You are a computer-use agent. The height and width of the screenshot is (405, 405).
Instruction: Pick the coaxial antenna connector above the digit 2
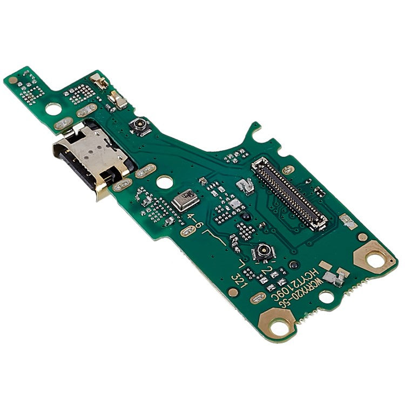(264, 251)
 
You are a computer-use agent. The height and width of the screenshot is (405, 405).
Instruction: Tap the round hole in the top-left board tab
(53, 109)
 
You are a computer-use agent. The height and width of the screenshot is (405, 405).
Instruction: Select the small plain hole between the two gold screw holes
(326, 296)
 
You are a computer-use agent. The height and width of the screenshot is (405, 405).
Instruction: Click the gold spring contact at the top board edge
(99, 82)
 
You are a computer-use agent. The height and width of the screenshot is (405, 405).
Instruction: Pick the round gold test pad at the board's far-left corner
(12, 80)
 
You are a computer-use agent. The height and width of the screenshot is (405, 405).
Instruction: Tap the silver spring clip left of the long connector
(246, 186)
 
